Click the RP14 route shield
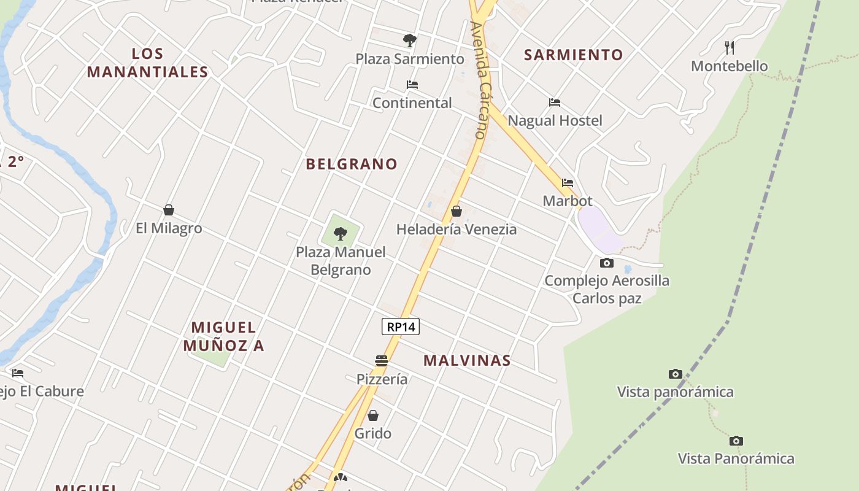pos(401,327)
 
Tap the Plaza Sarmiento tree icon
pos(410,41)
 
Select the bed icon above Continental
pos(412,85)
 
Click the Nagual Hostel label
pos(555,120)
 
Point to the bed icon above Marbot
pos(568,183)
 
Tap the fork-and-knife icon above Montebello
pos(730,47)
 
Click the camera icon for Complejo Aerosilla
pos(606,263)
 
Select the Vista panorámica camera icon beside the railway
pos(675,374)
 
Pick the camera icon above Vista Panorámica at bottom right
pos(736,441)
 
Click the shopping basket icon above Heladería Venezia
pos(456,211)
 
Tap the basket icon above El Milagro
pos(169,210)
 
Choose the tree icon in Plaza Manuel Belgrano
pos(341,234)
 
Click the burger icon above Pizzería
pos(382,360)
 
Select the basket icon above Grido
pos(373,416)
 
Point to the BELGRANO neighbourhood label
pos(352,164)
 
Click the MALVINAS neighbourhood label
pos(467,360)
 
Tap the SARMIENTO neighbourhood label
pos(573,55)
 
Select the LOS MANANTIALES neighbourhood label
pos(147,63)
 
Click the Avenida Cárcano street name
pos(479,80)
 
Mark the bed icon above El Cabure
pos(18,373)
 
